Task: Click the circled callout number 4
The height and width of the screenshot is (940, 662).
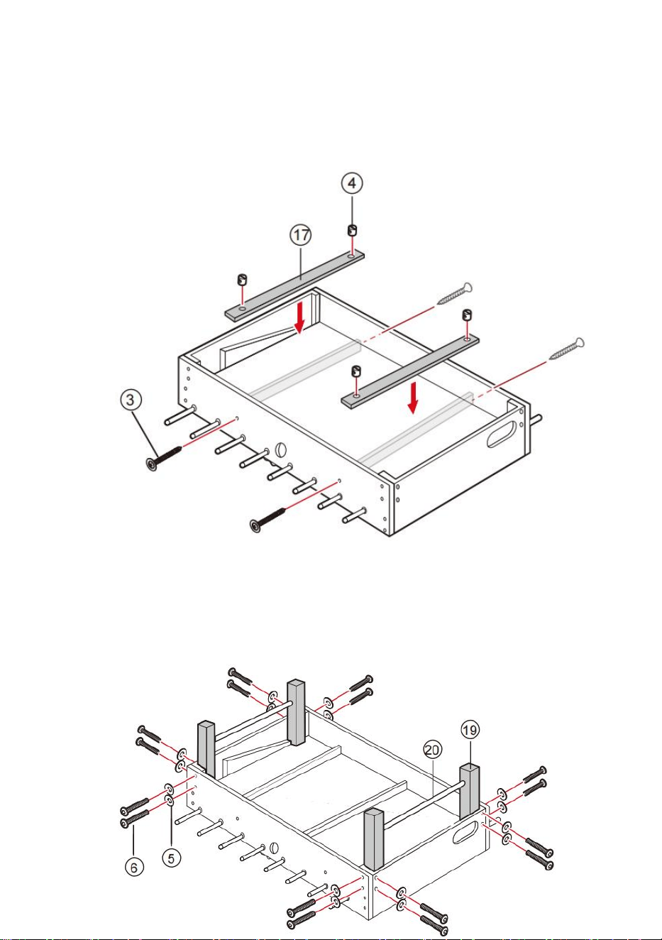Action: (352, 183)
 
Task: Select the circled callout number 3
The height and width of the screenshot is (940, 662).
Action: (131, 400)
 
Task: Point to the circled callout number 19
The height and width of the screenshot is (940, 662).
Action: (470, 731)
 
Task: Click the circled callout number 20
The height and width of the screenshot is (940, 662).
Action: (433, 750)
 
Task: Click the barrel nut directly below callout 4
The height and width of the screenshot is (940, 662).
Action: (353, 230)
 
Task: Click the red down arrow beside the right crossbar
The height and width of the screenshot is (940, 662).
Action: (413, 398)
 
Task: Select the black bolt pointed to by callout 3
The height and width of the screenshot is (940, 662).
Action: (163, 458)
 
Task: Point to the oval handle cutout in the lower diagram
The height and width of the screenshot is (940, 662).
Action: (467, 832)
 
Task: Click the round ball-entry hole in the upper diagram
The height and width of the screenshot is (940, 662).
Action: (280, 449)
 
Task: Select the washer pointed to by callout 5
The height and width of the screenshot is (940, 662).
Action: (170, 801)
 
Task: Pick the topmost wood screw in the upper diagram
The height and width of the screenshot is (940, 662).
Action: (455, 294)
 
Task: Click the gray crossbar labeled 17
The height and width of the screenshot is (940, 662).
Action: (294, 286)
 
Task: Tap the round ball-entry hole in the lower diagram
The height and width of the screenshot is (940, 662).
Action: (274, 847)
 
